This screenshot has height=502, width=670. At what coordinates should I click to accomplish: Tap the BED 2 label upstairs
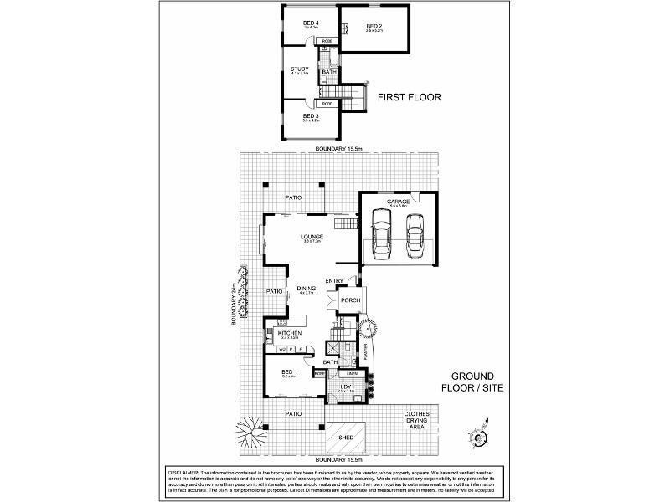(x=374, y=27)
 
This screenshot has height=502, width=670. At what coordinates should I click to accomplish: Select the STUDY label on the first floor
(x=299, y=69)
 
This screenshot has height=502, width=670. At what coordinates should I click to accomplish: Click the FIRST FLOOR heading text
(x=410, y=97)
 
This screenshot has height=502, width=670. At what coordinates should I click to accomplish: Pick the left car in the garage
(x=382, y=234)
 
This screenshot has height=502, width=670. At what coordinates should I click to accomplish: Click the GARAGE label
(x=398, y=202)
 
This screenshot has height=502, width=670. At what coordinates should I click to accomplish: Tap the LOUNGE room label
(x=312, y=237)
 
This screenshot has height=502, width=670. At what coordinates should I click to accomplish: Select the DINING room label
(x=306, y=289)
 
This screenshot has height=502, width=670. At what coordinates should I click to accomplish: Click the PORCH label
(x=350, y=301)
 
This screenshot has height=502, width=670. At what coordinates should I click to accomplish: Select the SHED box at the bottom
(x=344, y=438)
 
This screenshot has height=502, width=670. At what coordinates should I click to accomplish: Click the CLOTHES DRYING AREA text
(x=416, y=419)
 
